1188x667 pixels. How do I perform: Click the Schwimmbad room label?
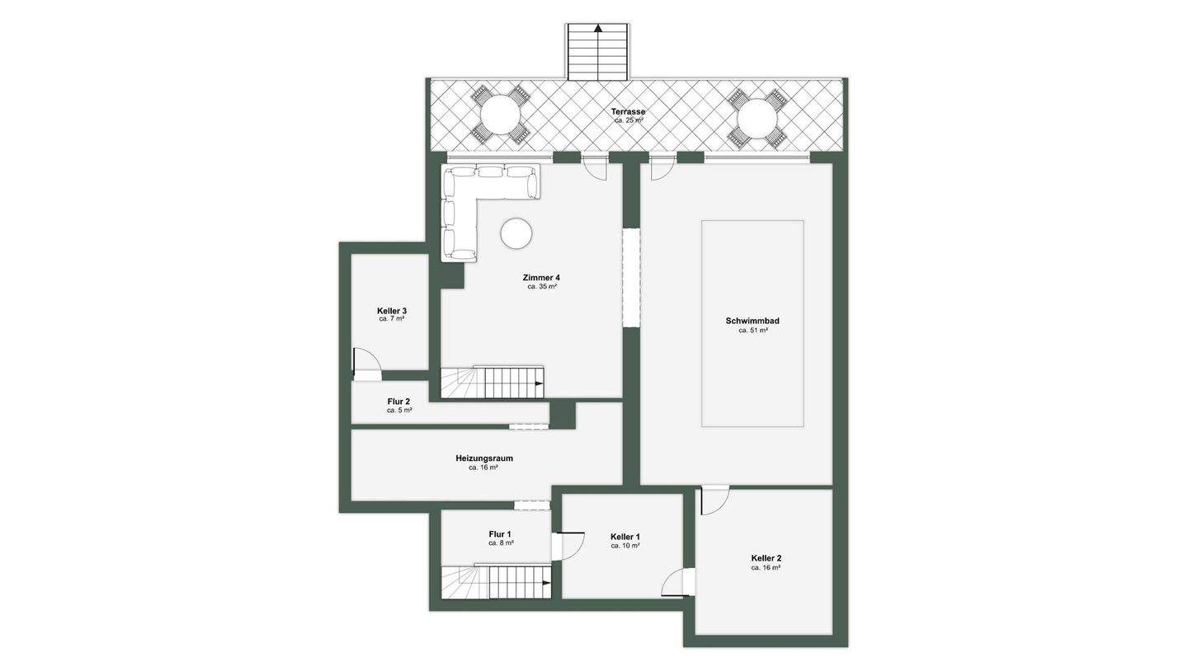coord(752,321)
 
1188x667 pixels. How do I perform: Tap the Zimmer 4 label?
coord(541,277)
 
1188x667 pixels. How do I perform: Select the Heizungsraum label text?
coord(484,458)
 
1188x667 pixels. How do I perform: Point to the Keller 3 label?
coord(392,311)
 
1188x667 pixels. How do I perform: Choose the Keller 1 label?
coord(625,537)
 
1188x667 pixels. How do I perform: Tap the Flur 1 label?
coord(500,534)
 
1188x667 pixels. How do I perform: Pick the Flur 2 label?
coord(398,402)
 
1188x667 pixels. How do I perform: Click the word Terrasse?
coord(628,112)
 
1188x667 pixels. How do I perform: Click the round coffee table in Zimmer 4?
coord(516,233)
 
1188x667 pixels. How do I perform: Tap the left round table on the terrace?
coord(500,117)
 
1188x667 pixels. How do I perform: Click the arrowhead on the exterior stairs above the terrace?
coord(598,28)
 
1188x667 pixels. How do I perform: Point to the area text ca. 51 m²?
coord(753,331)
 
